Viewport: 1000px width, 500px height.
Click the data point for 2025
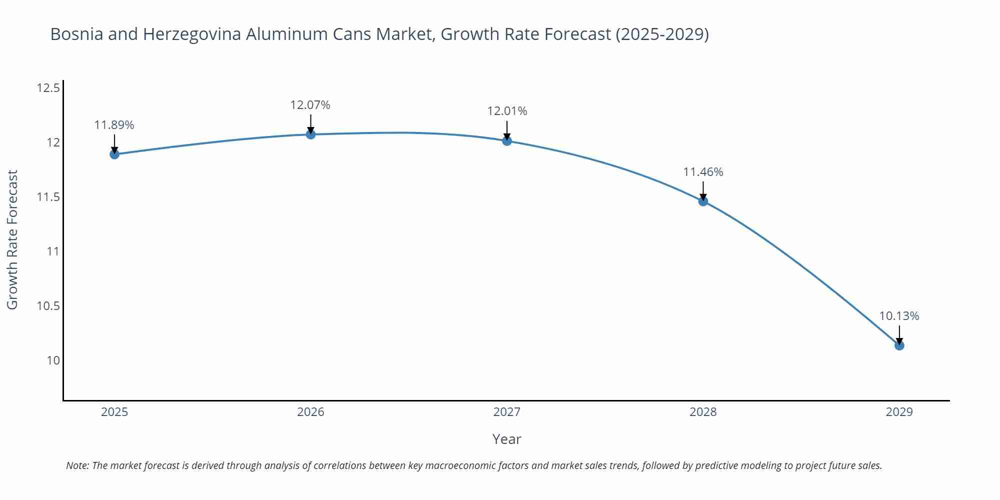coord(114,154)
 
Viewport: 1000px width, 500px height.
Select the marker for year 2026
coord(310,134)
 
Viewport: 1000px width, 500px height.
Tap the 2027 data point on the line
coord(506,140)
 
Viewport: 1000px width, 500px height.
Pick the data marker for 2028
coord(703,201)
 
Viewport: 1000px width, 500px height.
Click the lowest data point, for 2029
coord(899,345)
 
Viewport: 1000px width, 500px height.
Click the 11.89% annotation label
coord(114,125)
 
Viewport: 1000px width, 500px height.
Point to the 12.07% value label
coord(310,105)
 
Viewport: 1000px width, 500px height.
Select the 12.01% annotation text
coord(507,111)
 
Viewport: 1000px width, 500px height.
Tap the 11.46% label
coord(703,172)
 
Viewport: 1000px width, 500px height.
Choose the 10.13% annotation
coord(899,316)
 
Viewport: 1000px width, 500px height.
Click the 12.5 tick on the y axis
coord(48,88)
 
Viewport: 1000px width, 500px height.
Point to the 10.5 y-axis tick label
coord(48,306)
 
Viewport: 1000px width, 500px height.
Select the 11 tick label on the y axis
coord(53,251)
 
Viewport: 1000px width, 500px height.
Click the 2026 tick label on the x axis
coord(310,412)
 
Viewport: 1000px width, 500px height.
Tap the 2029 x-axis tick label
coord(899,412)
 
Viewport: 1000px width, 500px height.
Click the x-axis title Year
coord(506,439)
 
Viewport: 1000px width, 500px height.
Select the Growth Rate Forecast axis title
coord(12,239)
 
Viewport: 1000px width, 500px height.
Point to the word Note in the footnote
coord(77,465)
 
